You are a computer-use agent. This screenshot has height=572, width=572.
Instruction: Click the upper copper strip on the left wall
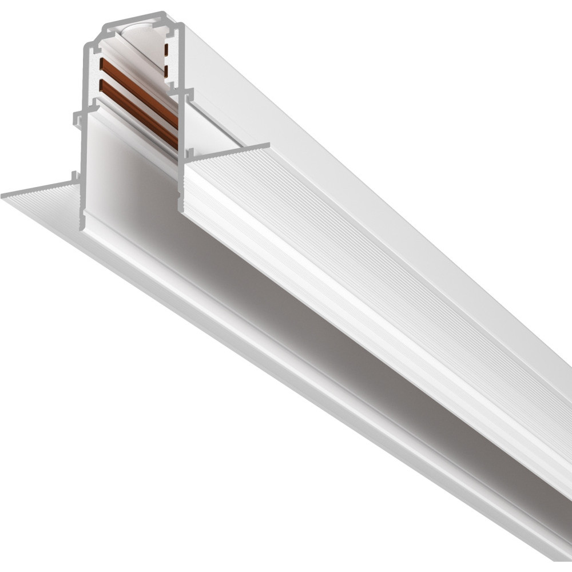coord(137,86)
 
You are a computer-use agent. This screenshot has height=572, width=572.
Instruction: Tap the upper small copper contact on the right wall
coord(166,50)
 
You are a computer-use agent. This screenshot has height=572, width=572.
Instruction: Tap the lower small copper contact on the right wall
coord(166,71)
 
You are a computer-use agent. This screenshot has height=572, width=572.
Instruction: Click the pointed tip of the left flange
coord(5,196)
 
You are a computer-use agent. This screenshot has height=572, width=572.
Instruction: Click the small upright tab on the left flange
coord(73,177)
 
